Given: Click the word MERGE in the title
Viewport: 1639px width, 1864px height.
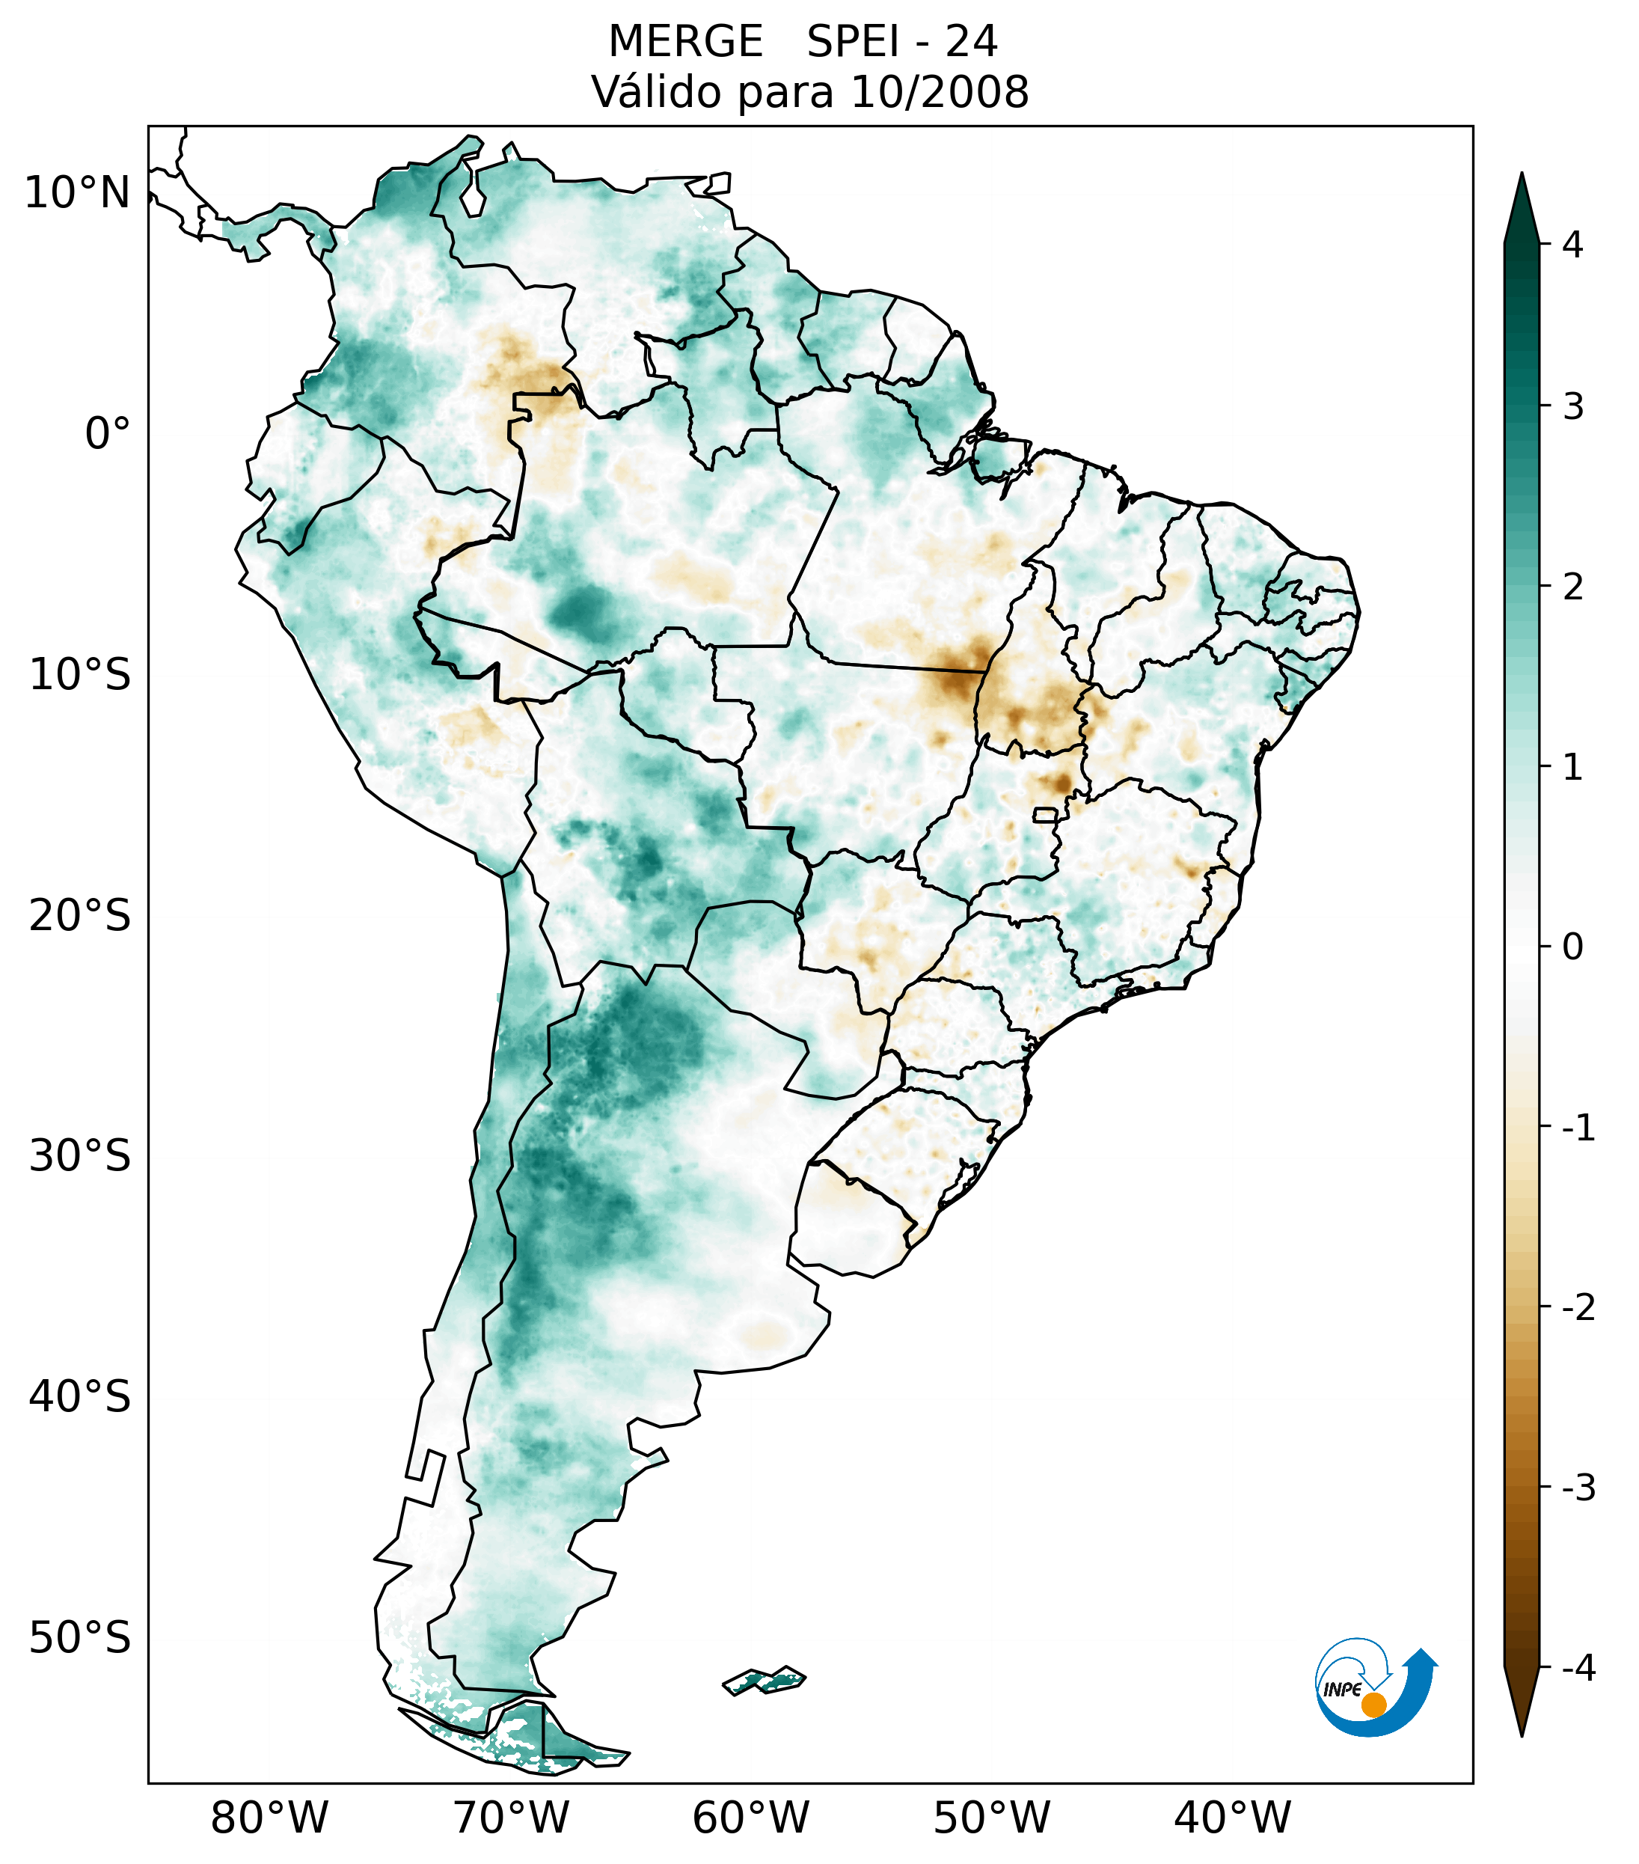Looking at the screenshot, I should click(x=684, y=42).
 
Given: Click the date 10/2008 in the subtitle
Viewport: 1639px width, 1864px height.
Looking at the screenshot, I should click(x=940, y=92).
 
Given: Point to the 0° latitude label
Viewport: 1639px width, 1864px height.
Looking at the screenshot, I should click(x=108, y=434).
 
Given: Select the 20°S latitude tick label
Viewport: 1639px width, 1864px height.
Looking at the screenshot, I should click(x=80, y=916).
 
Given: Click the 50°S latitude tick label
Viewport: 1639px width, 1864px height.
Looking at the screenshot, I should click(x=80, y=1639).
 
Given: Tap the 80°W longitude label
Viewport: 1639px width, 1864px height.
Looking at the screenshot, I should click(x=270, y=1818).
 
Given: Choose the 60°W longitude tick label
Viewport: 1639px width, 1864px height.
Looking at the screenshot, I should click(x=750, y=1818).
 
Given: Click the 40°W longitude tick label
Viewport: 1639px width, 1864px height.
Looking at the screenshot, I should click(x=1233, y=1818).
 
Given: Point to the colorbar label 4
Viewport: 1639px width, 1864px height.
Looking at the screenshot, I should click(x=1572, y=245).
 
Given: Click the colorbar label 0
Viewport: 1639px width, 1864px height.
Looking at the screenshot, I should click(x=1572, y=947).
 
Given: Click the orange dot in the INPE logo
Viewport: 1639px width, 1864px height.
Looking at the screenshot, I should click(x=1373, y=1705).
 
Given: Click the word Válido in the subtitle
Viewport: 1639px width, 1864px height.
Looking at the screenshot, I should click(x=656, y=92).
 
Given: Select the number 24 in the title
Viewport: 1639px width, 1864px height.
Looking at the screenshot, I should click(x=971, y=42).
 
